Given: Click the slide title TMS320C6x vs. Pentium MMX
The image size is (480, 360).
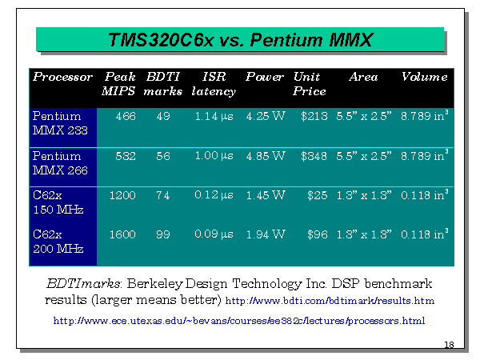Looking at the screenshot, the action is pos(241,40).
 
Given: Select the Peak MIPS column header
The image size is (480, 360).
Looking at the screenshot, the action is pos(118,84).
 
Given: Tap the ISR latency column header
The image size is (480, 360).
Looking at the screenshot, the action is pos(214,84).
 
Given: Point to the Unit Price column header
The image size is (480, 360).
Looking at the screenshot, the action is pos(309,84).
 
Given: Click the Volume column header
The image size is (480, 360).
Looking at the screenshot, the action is pos(425,77).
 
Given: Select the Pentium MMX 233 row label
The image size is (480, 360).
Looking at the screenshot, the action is pos(60,123).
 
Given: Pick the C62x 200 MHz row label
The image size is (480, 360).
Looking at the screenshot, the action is pos(58,242).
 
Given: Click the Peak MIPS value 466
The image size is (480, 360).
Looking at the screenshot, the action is pos(126,116).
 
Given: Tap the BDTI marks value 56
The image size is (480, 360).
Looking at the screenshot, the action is pos(163,156).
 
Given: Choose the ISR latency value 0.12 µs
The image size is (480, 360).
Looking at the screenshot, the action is pos(214,195).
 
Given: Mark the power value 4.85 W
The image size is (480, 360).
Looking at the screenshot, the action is pos(266,156).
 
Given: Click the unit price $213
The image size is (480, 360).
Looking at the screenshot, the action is pos(314,116).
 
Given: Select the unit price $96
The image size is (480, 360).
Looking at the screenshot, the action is pos(318,234).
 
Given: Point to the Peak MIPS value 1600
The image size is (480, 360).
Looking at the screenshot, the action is pos(122,234).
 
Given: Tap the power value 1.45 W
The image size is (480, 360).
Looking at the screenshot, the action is pos(266,195).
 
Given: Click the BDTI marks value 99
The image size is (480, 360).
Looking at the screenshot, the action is pos(163,234).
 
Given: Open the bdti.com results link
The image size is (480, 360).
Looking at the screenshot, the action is pos(330,301).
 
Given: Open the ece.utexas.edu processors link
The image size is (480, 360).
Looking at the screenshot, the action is pos(239,321).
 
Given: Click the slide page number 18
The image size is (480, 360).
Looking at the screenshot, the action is pos(449,345).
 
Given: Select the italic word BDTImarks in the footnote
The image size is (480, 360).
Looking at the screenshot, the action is pos(83,283).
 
